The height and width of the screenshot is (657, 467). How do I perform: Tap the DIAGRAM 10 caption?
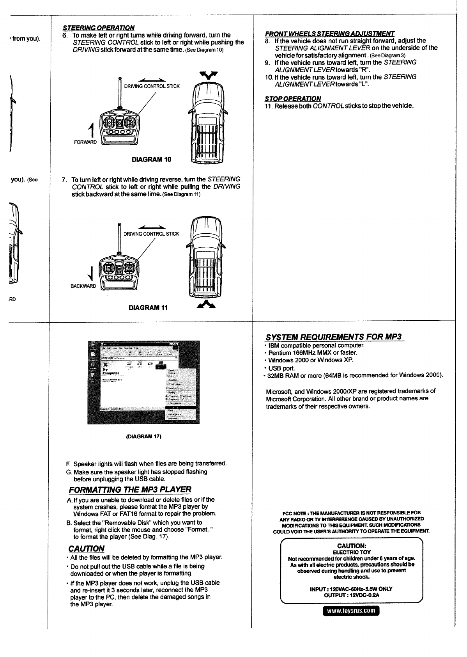[151, 160]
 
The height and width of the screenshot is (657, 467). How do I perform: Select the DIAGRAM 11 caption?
[148, 307]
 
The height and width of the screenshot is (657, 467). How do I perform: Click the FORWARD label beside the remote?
[85, 142]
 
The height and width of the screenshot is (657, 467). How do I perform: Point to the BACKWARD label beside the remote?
[83, 286]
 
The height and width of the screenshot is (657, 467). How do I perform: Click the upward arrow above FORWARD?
[92, 130]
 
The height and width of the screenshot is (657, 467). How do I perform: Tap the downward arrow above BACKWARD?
[91, 273]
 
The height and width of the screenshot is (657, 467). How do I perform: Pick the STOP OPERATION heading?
[292, 98]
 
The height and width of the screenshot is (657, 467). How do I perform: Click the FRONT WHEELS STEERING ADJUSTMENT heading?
[330, 33]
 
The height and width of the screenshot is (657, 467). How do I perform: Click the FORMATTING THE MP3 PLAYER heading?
[130, 490]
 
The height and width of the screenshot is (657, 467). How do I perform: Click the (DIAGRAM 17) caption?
[144, 436]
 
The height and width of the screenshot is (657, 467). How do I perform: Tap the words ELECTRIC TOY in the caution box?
[351, 552]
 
